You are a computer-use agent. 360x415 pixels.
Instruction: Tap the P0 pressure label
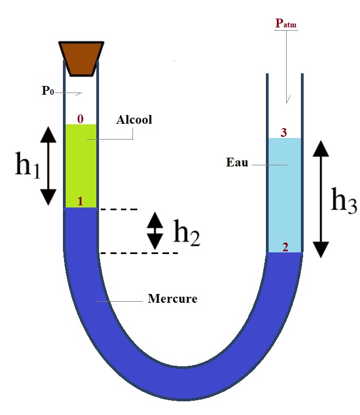pos(48,91)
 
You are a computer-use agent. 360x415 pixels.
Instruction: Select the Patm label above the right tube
pos(286,24)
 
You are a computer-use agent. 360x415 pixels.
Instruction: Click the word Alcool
pos(133,120)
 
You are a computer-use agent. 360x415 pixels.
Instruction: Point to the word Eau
pos(236,163)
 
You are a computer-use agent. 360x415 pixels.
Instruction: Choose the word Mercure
pos(172,299)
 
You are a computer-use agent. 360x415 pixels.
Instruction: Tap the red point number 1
pos(80,201)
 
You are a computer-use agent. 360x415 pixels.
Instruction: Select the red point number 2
pos(285,247)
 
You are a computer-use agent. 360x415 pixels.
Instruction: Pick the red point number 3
pos(284,132)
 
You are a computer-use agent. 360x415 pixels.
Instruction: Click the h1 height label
pos(27,165)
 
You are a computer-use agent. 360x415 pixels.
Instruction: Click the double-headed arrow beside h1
pos(48,165)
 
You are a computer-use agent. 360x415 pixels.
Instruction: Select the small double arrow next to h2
pos(155,230)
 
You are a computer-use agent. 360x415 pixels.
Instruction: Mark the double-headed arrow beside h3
pos(320,199)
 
